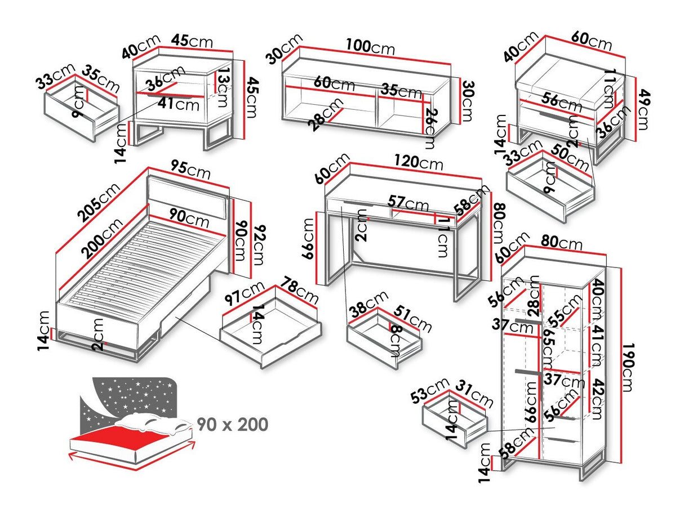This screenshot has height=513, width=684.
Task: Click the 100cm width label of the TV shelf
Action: coord(371,47)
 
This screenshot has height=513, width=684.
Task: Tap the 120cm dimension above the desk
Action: coord(419,163)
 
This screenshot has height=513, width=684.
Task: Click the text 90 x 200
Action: coord(232,424)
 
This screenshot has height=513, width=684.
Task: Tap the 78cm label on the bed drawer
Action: coord(300,289)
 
